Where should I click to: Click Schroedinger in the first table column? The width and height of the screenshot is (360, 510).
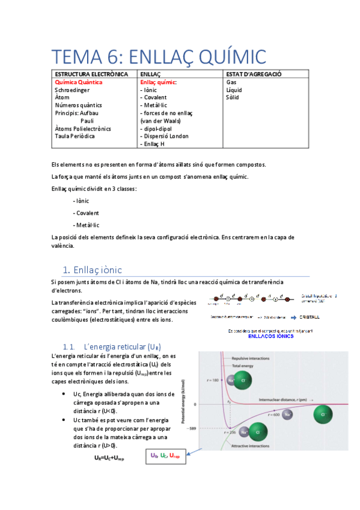74,90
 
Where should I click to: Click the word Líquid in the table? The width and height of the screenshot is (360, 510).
234,90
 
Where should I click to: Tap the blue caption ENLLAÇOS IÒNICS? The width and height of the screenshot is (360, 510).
270,337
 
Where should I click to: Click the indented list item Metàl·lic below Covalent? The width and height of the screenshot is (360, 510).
86,225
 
